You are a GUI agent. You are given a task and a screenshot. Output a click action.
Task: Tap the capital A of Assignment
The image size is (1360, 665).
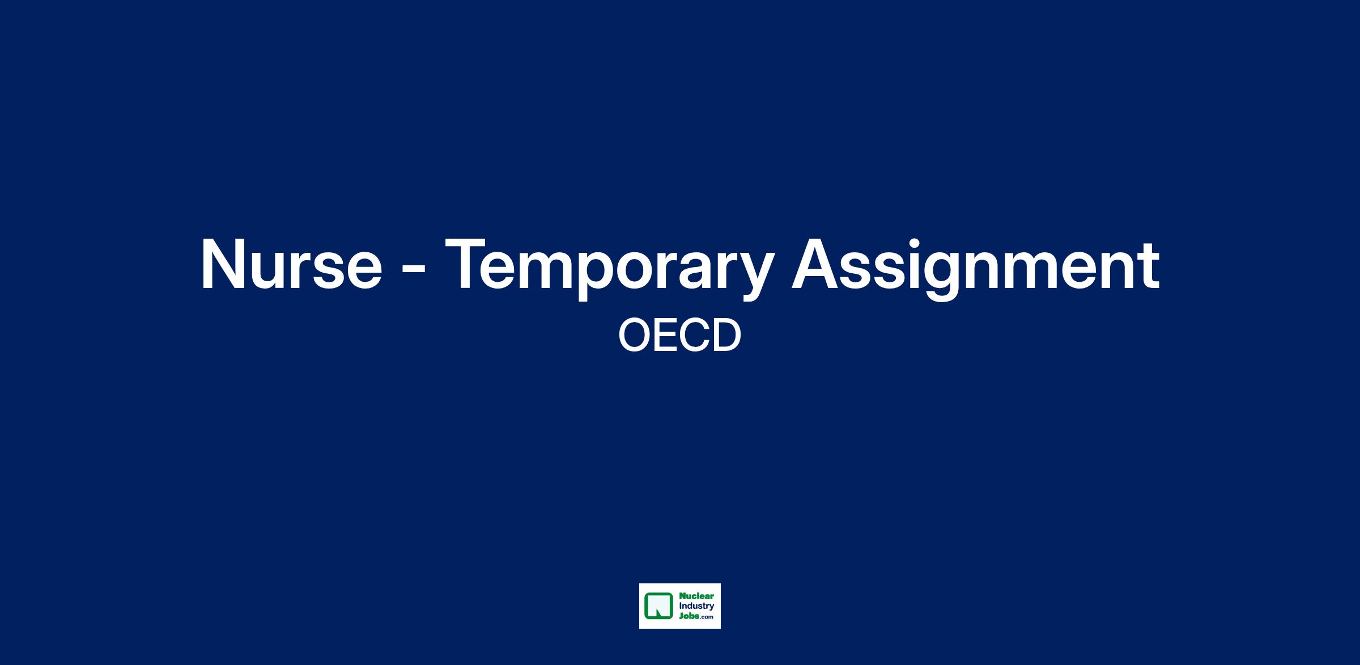click(815, 264)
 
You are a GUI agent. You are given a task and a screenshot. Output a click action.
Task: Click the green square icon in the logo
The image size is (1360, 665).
click(658, 605)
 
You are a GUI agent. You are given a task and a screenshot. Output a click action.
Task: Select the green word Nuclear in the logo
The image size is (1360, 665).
click(697, 596)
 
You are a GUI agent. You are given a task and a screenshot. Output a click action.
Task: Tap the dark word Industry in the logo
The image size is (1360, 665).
click(697, 606)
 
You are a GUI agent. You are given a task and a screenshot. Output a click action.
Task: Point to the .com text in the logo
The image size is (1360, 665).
click(706, 617)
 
